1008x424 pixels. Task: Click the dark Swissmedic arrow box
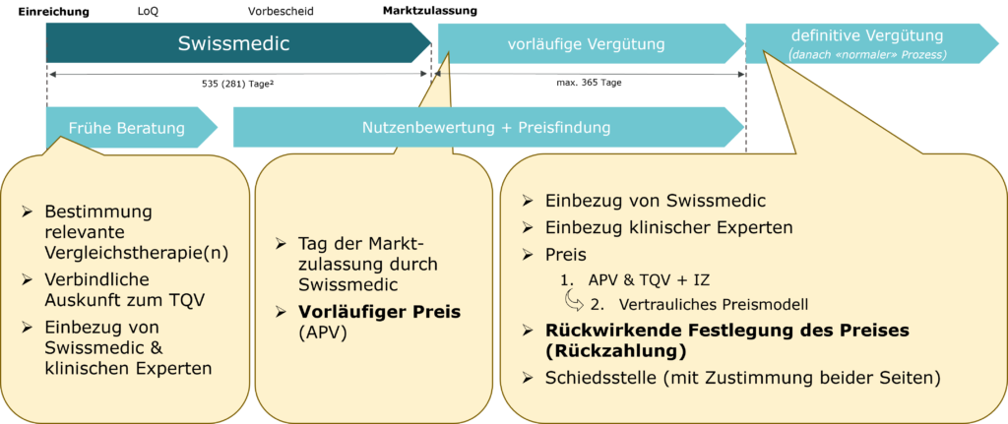[x=238, y=43]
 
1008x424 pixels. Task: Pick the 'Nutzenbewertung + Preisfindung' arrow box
[x=488, y=127]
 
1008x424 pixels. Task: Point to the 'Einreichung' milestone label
[x=53, y=12]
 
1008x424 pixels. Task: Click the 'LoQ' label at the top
[x=148, y=12]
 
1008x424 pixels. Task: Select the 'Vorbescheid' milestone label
[x=281, y=12]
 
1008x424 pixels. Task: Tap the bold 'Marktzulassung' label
[x=430, y=11]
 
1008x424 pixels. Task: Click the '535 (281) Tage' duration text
[x=239, y=83]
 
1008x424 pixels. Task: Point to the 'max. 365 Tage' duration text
[x=589, y=83]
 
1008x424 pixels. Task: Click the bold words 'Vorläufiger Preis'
[x=379, y=312]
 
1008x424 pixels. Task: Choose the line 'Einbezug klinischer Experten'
[x=669, y=227]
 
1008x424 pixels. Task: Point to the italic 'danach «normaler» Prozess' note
[x=867, y=55]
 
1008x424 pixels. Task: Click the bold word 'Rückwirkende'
[x=602, y=331]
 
